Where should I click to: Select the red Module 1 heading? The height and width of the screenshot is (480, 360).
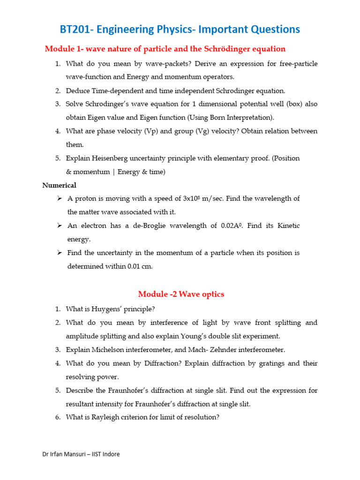pos(165,49)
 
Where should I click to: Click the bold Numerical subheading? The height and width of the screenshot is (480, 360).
pos(59,185)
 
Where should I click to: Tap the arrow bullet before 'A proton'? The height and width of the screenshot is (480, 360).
pos(60,199)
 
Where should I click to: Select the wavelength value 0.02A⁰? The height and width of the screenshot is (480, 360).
pos(232,226)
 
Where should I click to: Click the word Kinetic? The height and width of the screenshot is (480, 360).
pos(286,226)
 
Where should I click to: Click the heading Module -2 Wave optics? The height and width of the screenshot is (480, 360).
pos(181,294)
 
